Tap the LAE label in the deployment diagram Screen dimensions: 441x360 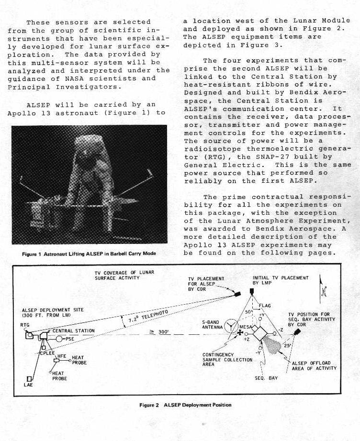(28, 385)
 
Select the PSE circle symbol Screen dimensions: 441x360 (59, 339)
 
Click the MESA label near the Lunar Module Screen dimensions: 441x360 (246, 327)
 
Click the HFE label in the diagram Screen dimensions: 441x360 (62, 356)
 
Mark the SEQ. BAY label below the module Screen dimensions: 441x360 (267, 378)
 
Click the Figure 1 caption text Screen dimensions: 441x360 (89, 254)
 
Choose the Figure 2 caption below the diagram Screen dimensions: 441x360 (185, 405)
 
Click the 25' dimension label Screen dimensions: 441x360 (287, 345)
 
